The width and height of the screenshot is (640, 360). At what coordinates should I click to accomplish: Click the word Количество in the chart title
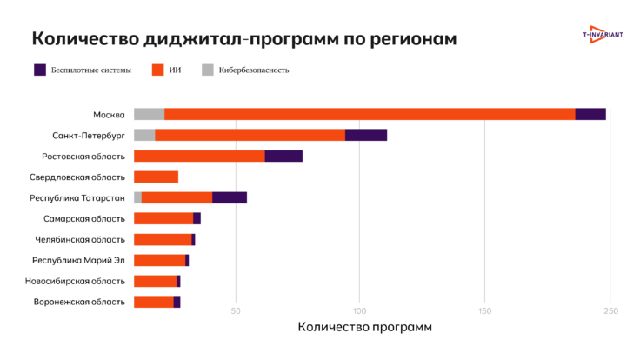(x=83, y=39)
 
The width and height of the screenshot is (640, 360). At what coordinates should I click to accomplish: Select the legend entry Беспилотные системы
(x=91, y=70)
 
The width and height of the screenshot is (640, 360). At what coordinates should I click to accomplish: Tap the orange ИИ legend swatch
(x=158, y=70)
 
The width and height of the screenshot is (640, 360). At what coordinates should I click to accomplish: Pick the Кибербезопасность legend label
(x=254, y=70)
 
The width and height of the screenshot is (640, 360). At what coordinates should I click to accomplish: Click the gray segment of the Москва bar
(x=149, y=114)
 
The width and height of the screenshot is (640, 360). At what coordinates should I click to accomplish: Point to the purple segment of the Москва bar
(x=590, y=114)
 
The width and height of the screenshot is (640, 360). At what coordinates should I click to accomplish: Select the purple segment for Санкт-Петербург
(x=365, y=135)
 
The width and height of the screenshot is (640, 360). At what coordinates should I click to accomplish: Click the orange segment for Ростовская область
(x=199, y=156)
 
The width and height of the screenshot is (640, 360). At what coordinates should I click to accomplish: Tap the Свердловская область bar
(x=156, y=177)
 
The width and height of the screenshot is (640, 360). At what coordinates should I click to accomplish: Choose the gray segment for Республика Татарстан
(x=137, y=197)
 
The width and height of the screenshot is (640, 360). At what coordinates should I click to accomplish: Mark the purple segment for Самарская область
(x=197, y=218)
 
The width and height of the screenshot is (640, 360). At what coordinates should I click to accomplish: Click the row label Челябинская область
(x=80, y=239)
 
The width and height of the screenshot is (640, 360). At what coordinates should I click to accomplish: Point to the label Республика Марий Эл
(x=78, y=260)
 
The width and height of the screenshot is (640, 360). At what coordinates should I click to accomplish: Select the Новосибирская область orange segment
(x=155, y=281)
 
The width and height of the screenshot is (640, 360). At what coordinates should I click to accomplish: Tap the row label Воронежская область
(x=79, y=302)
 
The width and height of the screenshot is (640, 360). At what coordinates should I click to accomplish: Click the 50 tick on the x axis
(x=235, y=311)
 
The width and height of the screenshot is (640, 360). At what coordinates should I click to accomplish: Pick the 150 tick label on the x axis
(x=485, y=311)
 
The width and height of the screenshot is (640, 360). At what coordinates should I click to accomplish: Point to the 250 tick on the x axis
(x=610, y=311)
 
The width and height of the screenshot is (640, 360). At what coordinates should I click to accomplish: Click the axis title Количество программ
(x=364, y=327)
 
